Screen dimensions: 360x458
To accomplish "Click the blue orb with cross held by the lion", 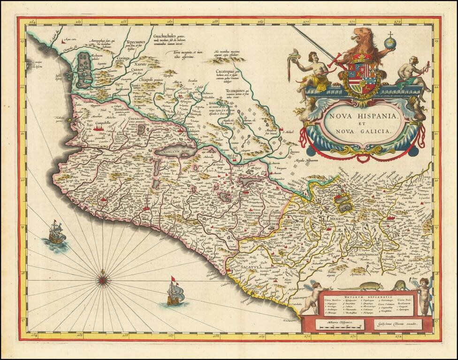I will click(x=389, y=43).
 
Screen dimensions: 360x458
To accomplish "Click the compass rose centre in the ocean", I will click(x=102, y=280).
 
